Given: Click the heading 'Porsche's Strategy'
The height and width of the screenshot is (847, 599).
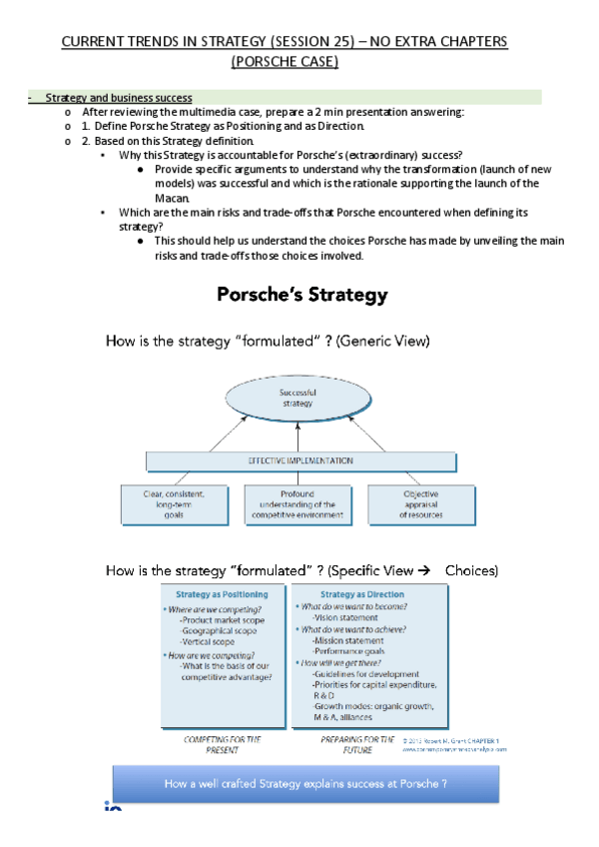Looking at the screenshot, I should [302, 296].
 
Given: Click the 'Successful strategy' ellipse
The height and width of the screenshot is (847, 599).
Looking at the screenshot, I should [298, 397].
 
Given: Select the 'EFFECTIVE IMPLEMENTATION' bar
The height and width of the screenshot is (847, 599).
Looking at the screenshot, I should [299, 460].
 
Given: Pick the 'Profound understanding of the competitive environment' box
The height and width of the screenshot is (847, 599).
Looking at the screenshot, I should [299, 504].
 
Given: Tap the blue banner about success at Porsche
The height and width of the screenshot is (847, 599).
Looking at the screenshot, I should [299, 783].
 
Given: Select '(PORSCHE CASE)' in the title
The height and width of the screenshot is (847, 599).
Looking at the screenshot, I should [285, 63].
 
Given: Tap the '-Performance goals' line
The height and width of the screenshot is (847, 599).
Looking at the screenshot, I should [351, 649].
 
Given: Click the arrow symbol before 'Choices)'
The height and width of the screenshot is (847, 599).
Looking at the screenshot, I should [423, 570].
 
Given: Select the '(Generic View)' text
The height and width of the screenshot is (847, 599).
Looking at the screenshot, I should [383, 342].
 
